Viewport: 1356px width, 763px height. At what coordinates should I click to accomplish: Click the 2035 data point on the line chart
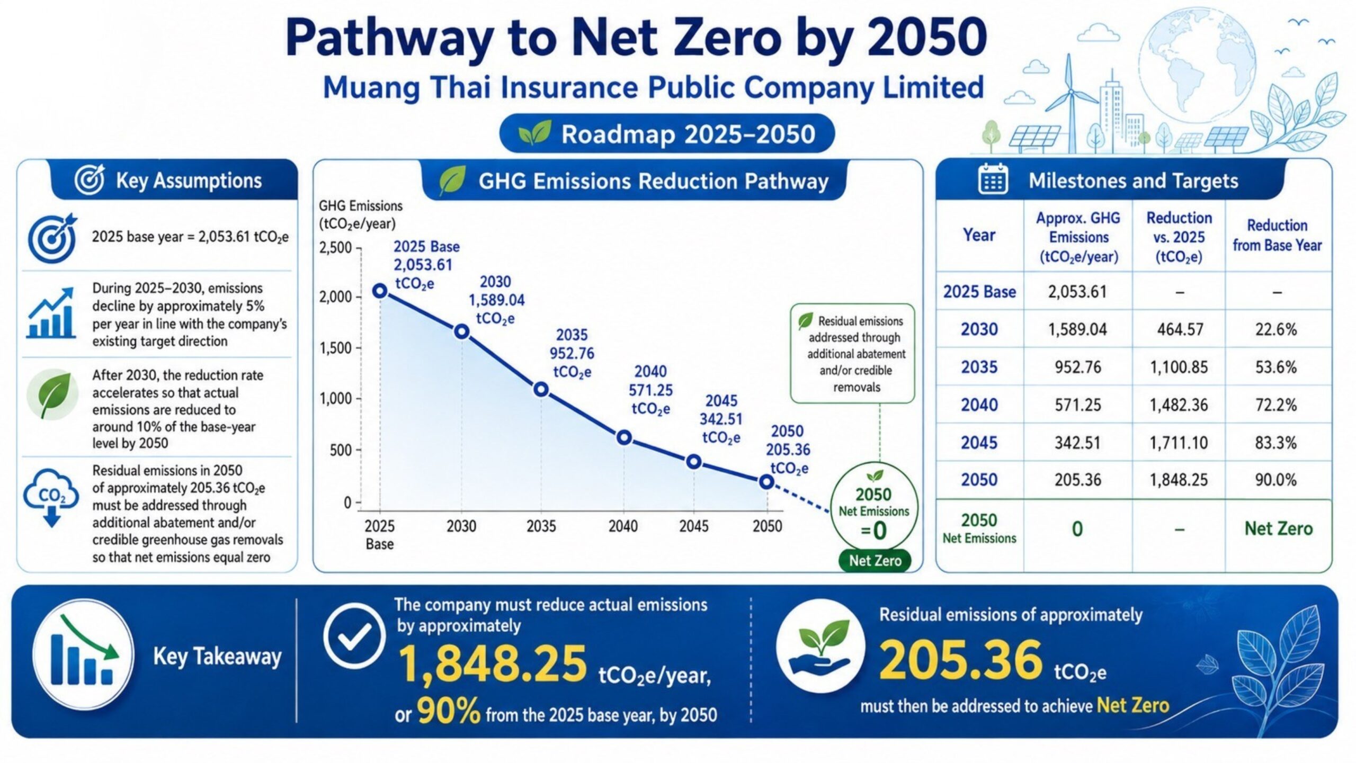pyautogui.click(x=541, y=390)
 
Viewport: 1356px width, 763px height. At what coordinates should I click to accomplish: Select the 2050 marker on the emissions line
pyautogui.click(x=766, y=482)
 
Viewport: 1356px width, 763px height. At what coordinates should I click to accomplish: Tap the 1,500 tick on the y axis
pyautogui.click(x=335, y=348)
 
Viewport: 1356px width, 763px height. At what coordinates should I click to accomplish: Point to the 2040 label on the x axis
pyautogui.click(x=623, y=526)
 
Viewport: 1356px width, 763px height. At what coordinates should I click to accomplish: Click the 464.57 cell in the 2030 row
pyautogui.click(x=1180, y=329)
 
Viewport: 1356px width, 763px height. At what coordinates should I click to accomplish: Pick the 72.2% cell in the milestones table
pyautogui.click(x=1276, y=405)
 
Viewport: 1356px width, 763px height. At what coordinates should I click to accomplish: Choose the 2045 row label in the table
pyautogui.click(x=979, y=442)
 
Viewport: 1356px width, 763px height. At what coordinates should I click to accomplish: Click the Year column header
pyautogui.click(x=979, y=235)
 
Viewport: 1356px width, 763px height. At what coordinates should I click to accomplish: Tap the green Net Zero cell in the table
pyautogui.click(x=1279, y=528)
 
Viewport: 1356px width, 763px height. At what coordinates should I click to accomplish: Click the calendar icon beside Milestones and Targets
pyautogui.click(x=993, y=180)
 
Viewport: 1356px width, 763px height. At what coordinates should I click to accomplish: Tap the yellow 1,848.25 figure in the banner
pyautogui.click(x=493, y=664)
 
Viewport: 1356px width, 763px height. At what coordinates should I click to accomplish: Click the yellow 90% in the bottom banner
pyautogui.click(x=449, y=711)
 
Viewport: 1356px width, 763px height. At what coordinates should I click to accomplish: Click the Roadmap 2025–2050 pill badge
pyautogui.click(x=667, y=133)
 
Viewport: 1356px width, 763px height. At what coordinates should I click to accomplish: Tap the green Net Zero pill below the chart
pyautogui.click(x=875, y=561)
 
